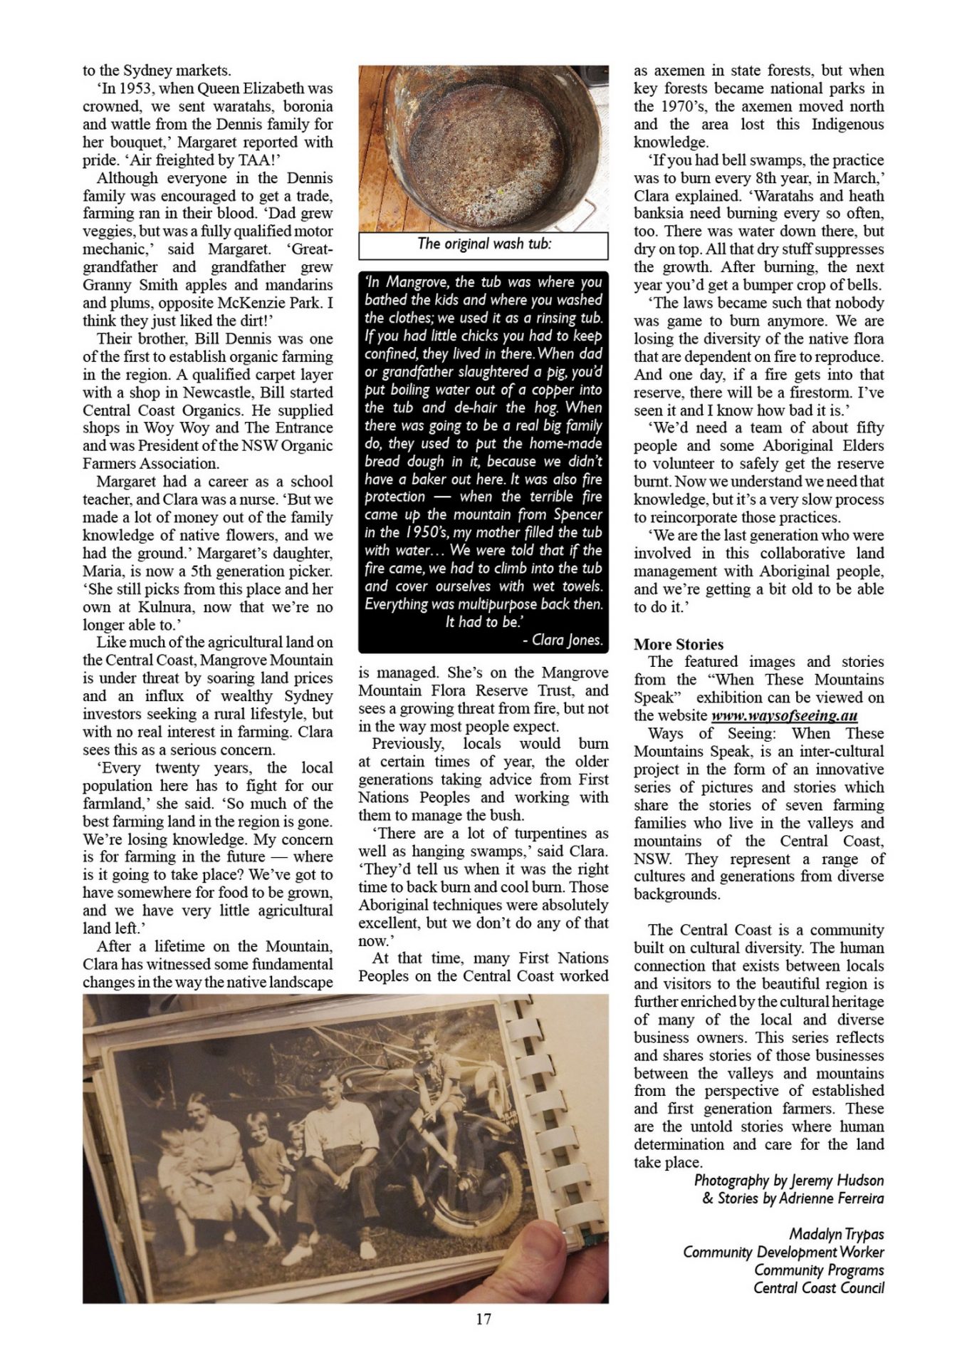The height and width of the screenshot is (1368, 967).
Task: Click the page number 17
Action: click(483, 1319)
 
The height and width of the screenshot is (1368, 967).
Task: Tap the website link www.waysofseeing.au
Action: click(784, 715)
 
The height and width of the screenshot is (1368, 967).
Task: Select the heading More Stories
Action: click(678, 644)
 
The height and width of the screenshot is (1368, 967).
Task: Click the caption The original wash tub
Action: click(483, 244)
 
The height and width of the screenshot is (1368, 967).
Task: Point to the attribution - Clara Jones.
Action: click(563, 640)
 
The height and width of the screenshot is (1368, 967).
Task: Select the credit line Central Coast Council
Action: click(818, 1287)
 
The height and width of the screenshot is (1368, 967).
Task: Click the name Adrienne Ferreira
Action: click(831, 1198)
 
